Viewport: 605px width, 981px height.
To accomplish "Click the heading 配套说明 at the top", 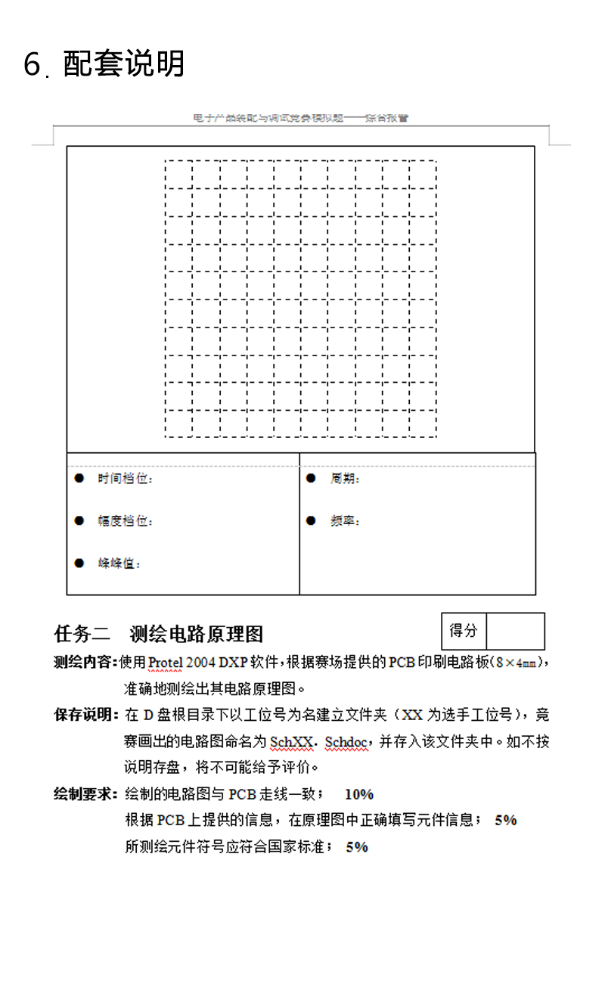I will pyautogui.click(x=124, y=64).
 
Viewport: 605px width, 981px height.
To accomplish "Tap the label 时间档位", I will pyautogui.click(x=126, y=479).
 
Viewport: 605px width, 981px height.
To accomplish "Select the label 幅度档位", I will pyautogui.click(x=126, y=521).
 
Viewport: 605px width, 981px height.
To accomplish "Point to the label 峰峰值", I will pyautogui.click(x=119, y=563).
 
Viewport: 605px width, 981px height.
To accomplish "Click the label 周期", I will pyautogui.click(x=345, y=479).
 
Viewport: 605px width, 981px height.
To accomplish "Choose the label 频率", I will pyautogui.click(x=345, y=521).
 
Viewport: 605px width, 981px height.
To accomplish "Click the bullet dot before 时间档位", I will pyautogui.click(x=79, y=479).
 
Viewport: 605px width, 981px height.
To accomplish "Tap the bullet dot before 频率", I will pyautogui.click(x=310, y=521).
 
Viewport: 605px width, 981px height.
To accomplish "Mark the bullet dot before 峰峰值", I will pyautogui.click(x=79, y=563).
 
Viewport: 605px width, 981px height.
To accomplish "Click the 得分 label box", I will pyautogui.click(x=464, y=631).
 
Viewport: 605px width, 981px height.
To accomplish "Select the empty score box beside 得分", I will pyautogui.click(x=515, y=631).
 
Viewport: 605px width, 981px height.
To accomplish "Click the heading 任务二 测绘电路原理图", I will pyautogui.click(x=159, y=633).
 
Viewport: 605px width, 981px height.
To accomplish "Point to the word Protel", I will pyautogui.click(x=165, y=663).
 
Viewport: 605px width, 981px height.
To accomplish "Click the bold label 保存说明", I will pyautogui.click(x=85, y=715).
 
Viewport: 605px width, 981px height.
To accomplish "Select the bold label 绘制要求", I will pyautogui.click(x=85, y=794).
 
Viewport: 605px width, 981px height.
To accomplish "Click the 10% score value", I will pyautogui.click(x=359, y=794).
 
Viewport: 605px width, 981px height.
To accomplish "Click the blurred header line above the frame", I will pyautogui.click(x=301, y=119).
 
